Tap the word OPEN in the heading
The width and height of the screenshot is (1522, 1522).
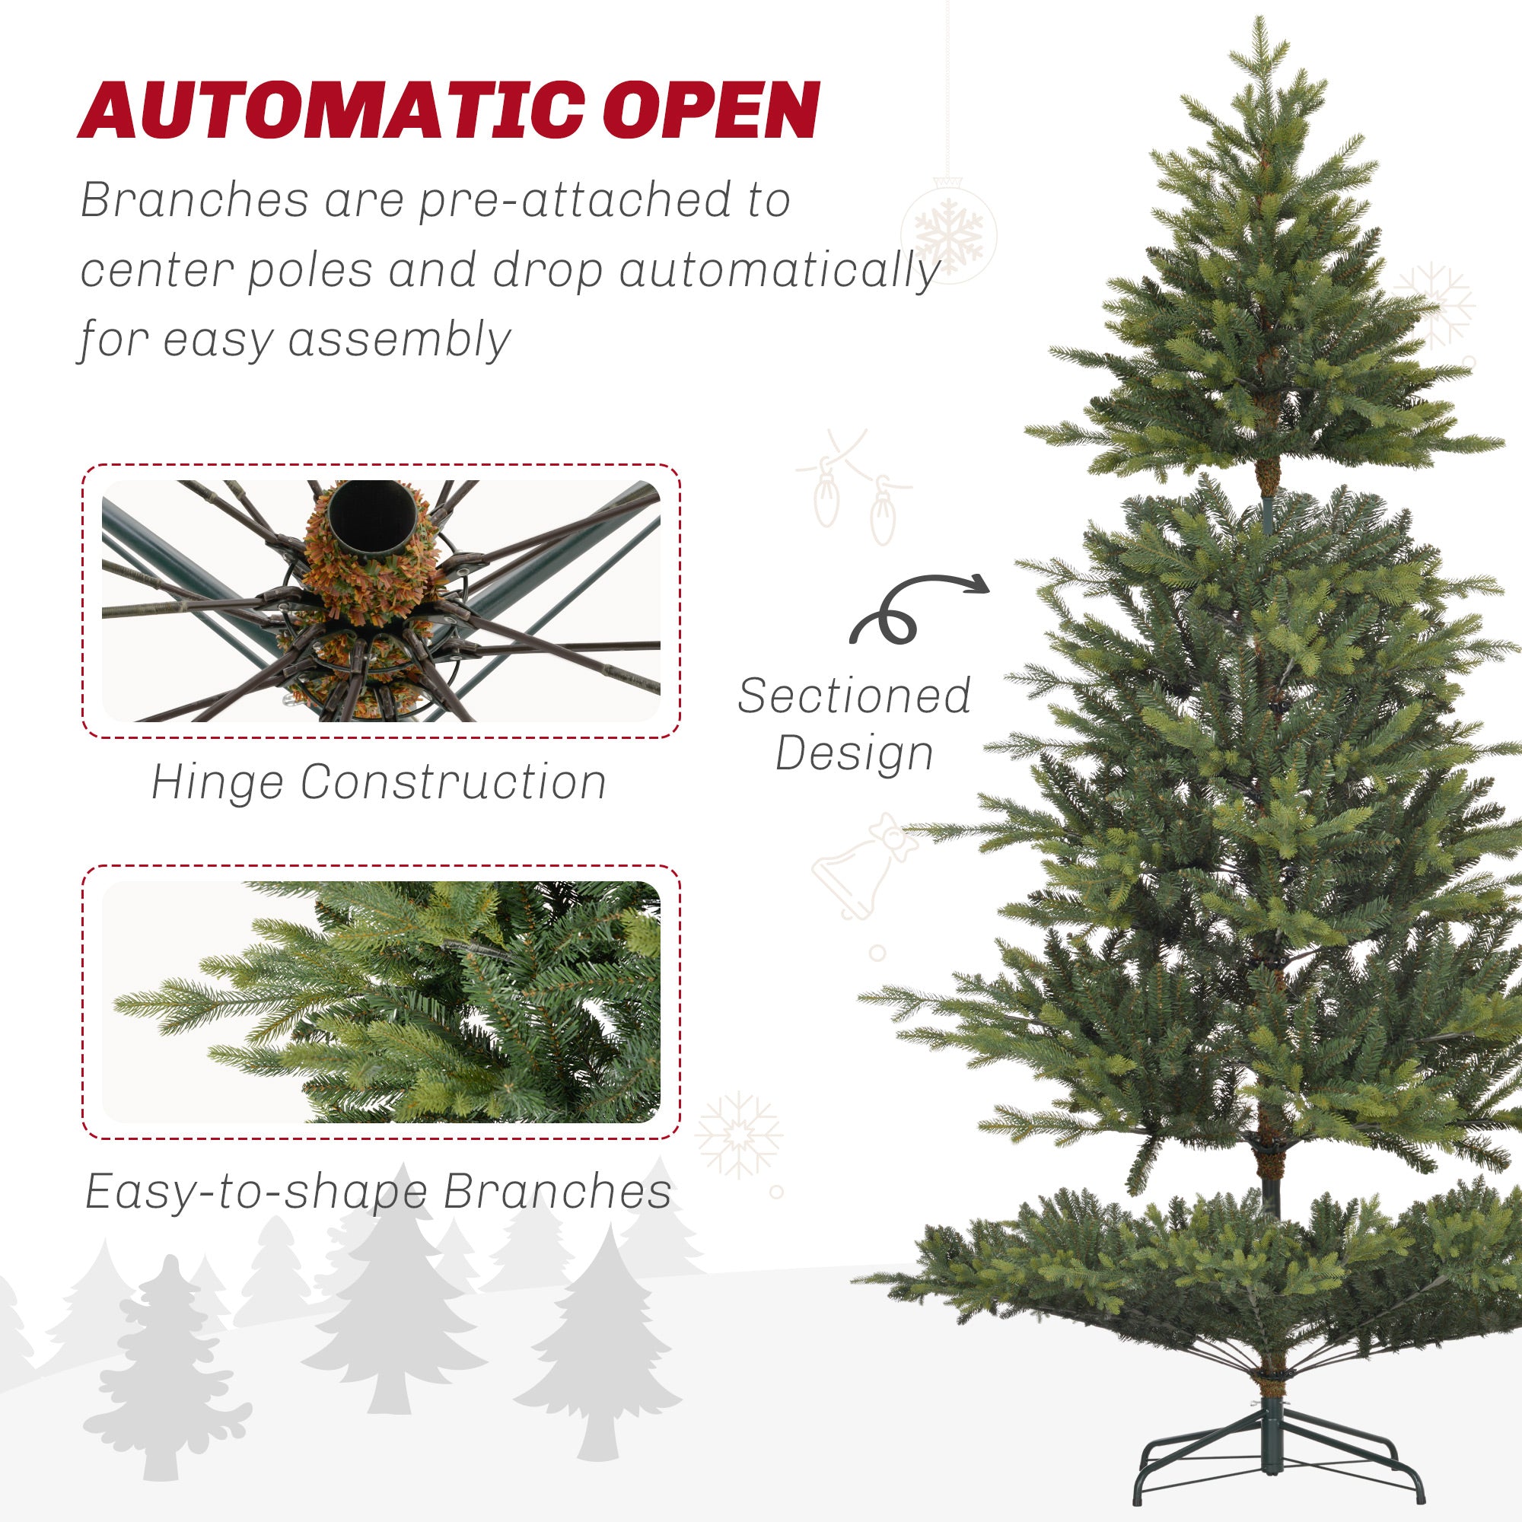point(712,111)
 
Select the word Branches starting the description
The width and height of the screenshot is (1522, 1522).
point(195,201)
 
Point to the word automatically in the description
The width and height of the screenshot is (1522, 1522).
point(779,271)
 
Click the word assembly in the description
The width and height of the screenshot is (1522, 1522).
point(400,340)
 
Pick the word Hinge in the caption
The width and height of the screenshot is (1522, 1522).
point(217,782)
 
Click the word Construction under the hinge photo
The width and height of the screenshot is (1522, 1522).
point(453,782)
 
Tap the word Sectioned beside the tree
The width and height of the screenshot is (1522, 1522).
point(854,696)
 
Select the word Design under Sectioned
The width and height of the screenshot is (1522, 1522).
point(854,753)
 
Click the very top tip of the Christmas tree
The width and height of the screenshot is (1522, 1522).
point(1261,24)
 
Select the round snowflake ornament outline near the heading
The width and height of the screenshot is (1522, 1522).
point(948,231)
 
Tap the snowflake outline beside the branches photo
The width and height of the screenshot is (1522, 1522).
point(738,1135)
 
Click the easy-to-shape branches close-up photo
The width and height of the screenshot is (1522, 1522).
point(380,1001)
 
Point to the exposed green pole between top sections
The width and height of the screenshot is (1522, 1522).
point(1268,513)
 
